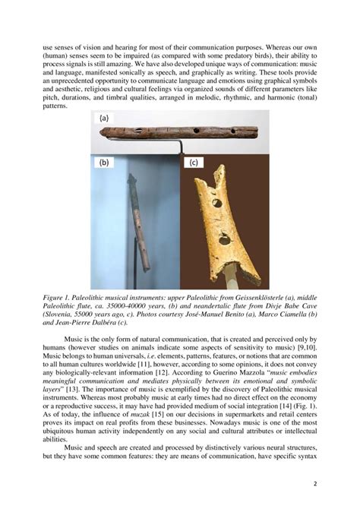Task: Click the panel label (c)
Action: coord(194,163)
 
